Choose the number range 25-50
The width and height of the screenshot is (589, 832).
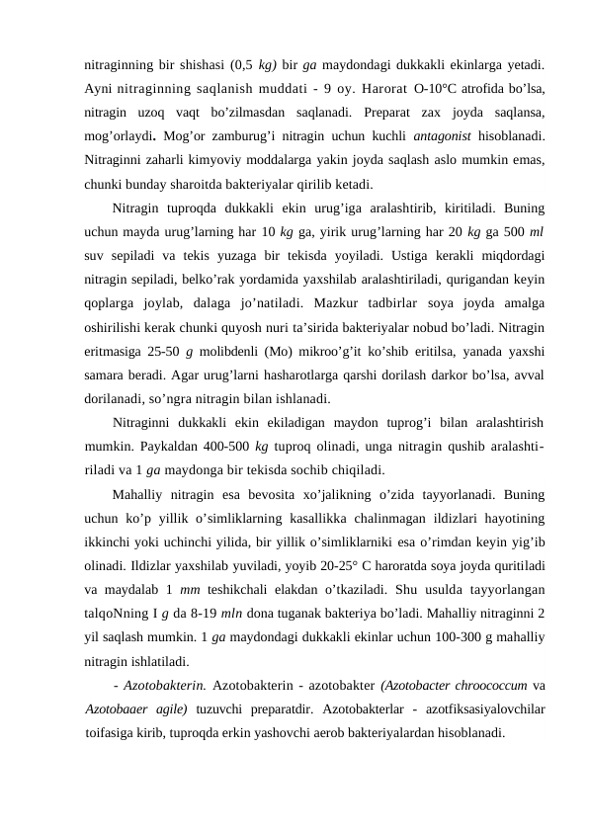[159, 351]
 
